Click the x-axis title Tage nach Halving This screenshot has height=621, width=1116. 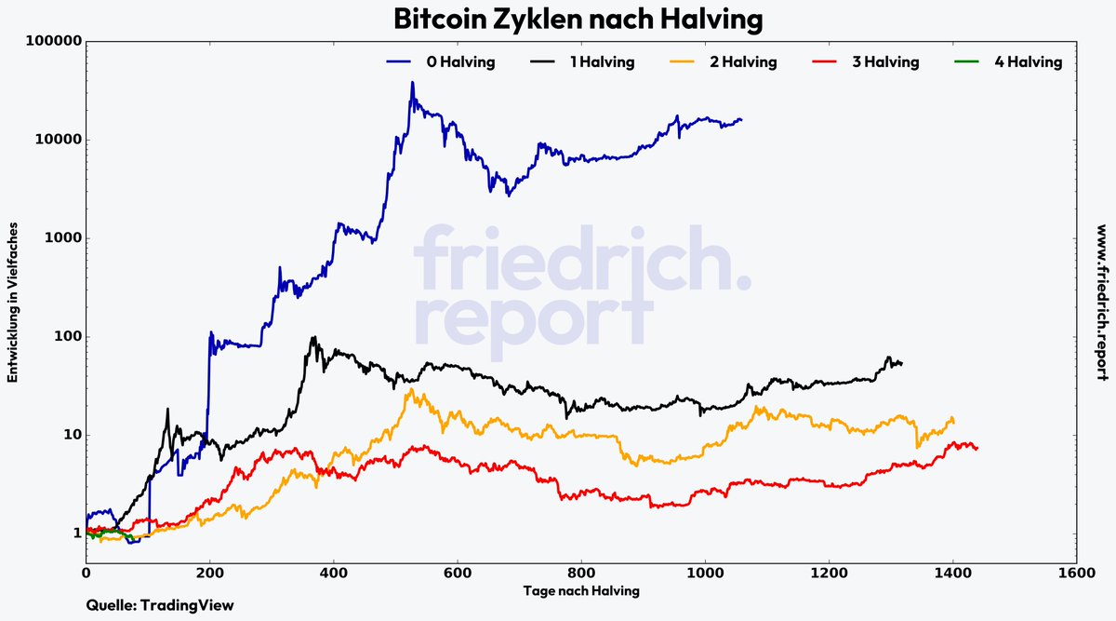580,590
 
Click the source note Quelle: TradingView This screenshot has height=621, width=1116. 159,605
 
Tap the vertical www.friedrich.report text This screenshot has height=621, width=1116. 1101,302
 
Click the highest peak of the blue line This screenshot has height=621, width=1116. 412,82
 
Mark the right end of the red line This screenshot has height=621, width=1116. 977,449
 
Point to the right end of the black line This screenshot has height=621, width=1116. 901,363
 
